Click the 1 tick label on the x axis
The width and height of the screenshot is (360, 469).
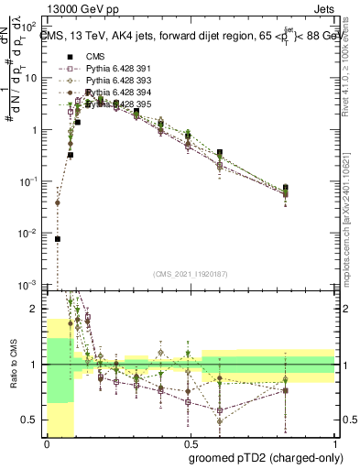[x=333, y=445]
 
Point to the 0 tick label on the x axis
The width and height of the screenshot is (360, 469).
[x=46, y=445]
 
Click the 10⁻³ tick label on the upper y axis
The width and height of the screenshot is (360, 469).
[x=29, y=286]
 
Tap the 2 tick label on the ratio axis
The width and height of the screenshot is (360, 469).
[x=38, y=310]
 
